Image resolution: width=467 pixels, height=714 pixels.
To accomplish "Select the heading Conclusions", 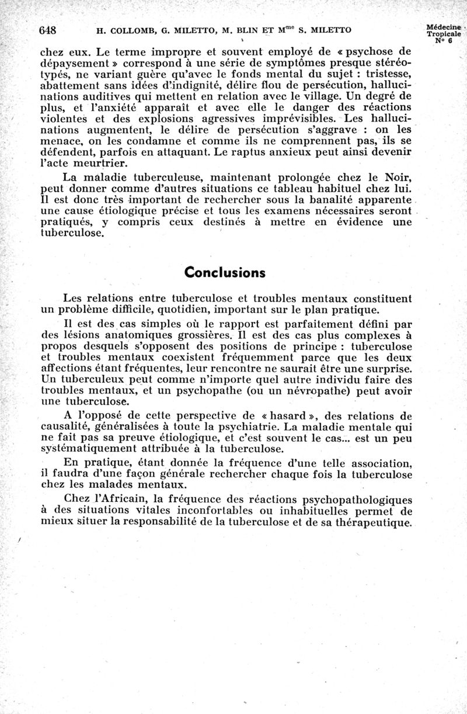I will pos(225,273).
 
